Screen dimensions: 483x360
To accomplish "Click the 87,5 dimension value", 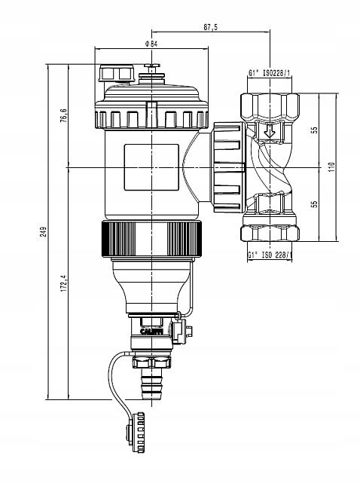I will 210,27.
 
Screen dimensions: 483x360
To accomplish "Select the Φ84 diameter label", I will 151,44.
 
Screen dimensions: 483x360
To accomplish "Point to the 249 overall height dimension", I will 44,231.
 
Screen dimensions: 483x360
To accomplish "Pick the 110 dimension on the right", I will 332,167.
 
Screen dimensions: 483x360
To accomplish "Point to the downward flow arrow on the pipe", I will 269,136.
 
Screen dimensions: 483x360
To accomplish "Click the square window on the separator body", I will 151,167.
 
